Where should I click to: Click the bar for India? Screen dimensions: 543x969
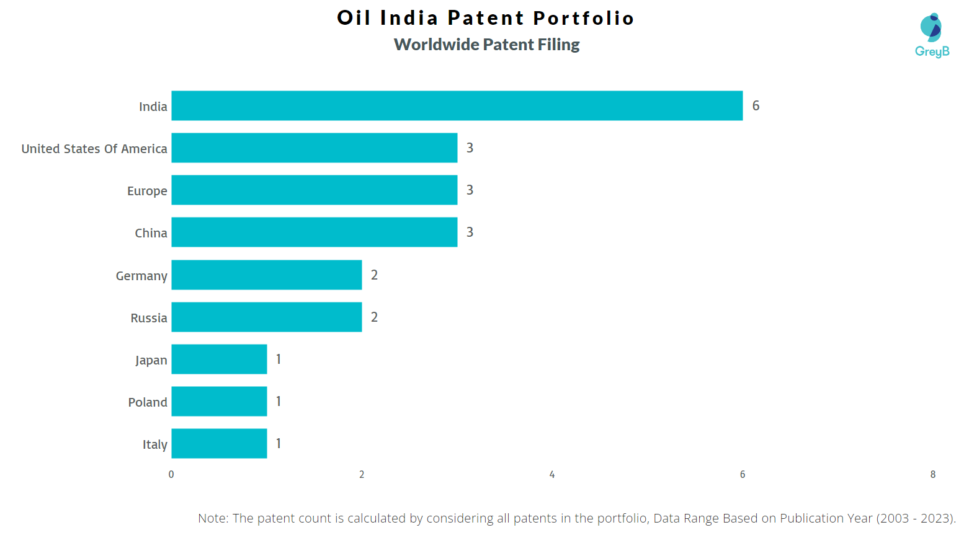tap(457, 105)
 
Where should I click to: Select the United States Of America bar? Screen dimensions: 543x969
tap(314, 148)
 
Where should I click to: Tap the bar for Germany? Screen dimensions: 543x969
tap(266, 275)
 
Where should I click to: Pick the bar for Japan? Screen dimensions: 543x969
tap(219, 359)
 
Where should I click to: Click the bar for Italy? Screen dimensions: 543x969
tap(219, 443)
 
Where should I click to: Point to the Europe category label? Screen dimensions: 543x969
tap(147, 191)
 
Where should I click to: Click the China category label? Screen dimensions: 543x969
tap(151, 233)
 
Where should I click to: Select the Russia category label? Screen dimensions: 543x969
tap(149, 318)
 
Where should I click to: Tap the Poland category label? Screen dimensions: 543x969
tap(148, 402)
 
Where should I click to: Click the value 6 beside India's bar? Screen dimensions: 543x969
tap(756, 105)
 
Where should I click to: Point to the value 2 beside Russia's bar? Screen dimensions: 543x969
tap(374, 317)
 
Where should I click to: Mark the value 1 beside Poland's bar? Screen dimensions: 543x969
tap(279, 401)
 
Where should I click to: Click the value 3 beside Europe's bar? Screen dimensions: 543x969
tap(470, 190)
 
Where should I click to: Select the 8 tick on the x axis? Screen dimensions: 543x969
tap(932, 474)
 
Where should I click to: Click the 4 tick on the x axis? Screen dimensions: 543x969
tap(551, 474)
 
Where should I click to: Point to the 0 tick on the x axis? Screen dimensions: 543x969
tap(171, 474)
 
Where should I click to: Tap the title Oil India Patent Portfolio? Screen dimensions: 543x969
tap(486, 18)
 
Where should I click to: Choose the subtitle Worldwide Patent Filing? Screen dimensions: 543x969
tap(486, 45)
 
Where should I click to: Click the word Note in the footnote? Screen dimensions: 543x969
tap(212, 518)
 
